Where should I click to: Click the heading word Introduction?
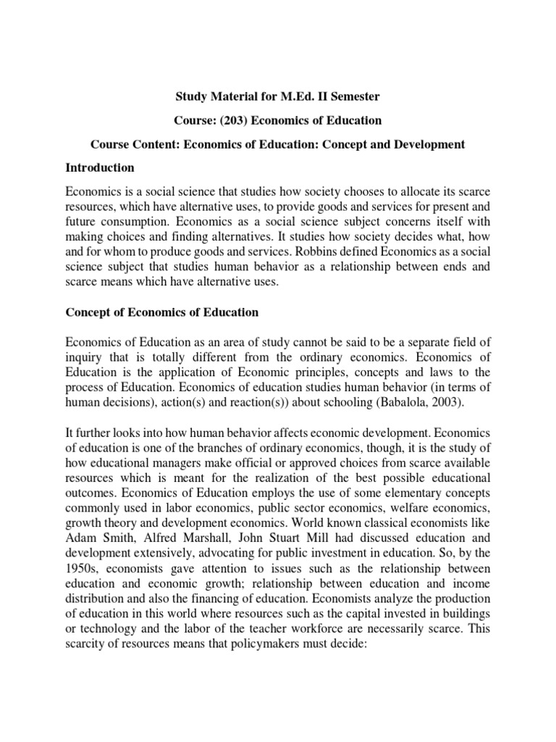pos(100,167)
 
